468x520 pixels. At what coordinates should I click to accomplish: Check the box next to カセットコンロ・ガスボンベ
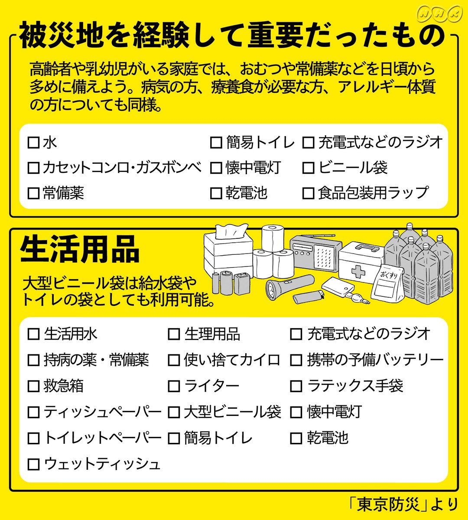coord(33,168)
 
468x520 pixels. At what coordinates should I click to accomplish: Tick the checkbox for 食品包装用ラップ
coord(308,193)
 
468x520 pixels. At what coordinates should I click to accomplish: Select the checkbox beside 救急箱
coord(33,386)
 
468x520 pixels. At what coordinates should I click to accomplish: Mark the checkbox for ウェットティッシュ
coord(33,465)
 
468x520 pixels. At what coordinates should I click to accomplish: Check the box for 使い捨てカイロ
coord(174,360)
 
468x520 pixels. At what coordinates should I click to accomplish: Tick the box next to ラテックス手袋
coord(296,386)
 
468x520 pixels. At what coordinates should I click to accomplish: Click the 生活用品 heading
coord(80,250)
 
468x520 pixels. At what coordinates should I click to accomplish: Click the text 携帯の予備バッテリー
coord(375,360)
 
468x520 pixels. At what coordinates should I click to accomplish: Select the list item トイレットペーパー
coord(102,438)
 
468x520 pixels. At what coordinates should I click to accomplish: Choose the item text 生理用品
coord(212,334)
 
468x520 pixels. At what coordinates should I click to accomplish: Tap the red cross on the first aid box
coord(358,272)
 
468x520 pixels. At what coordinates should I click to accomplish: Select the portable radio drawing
coord(312,253)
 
